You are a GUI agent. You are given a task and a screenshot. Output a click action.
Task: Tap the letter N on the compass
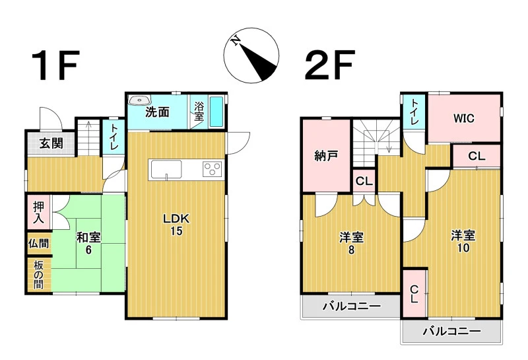coord(236,40)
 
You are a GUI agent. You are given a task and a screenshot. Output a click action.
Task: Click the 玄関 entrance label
coord(51,143)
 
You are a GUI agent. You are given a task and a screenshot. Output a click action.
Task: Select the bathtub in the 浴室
coord(216,112)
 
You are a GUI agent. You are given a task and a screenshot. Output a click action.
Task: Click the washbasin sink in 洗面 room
coord(139,100)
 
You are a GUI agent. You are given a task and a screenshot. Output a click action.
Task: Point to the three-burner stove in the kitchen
coord(212,168)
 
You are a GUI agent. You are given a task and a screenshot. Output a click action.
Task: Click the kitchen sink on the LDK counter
coord(166,169)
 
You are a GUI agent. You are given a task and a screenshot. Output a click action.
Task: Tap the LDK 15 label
coord(176,224)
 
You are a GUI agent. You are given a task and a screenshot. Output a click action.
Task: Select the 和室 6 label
coord(88,243)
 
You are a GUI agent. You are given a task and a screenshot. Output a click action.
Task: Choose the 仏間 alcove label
coord(39,243)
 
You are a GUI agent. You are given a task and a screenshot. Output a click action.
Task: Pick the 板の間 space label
coord(39,275)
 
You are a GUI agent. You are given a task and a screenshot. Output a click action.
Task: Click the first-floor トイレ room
coord(113,137)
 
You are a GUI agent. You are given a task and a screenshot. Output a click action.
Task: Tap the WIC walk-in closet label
coord(463,118)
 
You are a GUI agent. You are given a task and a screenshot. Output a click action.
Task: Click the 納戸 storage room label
coord(326,156)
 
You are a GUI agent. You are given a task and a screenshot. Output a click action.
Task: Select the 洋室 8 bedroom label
coord(351,243)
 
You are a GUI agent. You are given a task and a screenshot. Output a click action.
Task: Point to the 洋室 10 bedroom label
coord(463,241)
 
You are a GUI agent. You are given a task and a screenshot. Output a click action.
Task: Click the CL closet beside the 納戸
coord(364,182)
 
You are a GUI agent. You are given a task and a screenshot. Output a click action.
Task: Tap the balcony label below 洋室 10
coord(452,332)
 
